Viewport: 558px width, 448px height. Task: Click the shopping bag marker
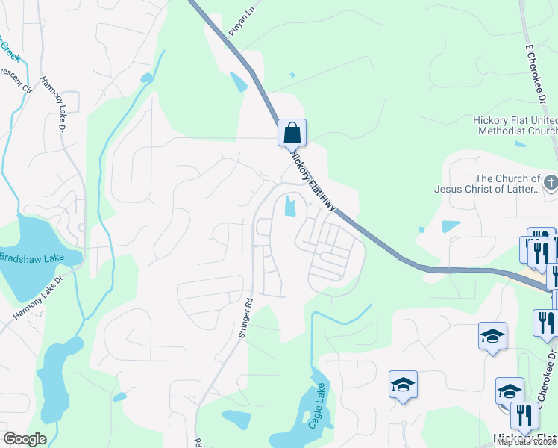click(x=292, y=134)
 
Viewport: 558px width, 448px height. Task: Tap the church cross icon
click(x=550, y=182)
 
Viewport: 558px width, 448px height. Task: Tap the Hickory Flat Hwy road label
click(x=314, y=178)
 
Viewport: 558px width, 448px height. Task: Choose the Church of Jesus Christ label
click(x=487, y=184)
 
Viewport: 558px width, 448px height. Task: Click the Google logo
click(x=25, y=439)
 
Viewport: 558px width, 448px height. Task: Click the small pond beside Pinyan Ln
click(x=239, y=81)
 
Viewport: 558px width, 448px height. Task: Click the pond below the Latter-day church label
click(x=451, y=225)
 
